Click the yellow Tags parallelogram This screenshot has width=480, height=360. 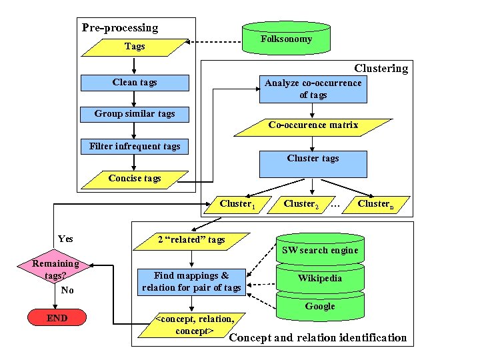(x=135, y=47)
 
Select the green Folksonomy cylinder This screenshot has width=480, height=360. (x=286, y=39)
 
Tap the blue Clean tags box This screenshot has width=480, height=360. (x=135, y=83)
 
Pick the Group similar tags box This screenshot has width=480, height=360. (x=135, y=114)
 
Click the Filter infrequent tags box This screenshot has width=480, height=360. (x=135, y=147)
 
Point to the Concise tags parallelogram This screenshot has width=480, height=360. (x=135, y=178)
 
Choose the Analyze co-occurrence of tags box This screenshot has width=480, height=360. (x=313, y=89)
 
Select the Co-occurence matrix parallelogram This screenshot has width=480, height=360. (x=313, y=125)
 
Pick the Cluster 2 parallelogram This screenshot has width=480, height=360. (x=301, y=203)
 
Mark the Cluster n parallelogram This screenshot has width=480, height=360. (x=375, y=203)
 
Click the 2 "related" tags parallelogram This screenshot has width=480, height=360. (x=191, y=240)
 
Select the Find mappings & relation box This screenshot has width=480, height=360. (x=191, y=281)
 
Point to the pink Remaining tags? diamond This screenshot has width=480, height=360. (x=57, y=269)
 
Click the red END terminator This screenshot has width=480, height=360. (x=57, y=318)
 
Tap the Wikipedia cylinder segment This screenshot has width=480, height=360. (x=320, y=278)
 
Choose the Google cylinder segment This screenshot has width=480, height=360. (x=320, y=307)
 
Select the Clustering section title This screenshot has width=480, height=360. (x=381, y=69)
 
